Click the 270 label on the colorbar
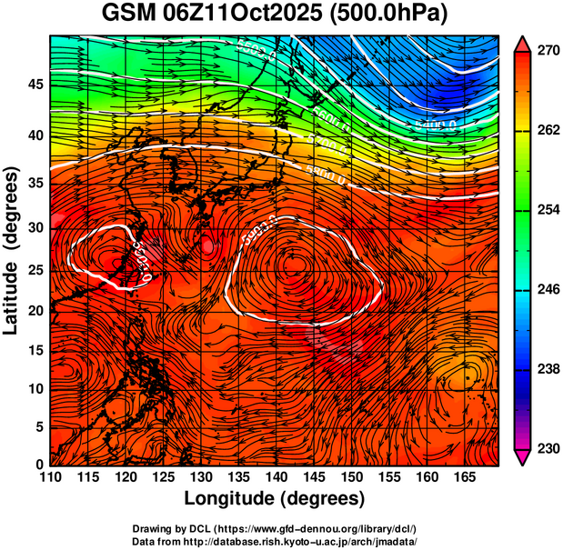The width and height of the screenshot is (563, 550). pos(548,52)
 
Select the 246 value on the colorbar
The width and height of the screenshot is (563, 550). pos(548,290)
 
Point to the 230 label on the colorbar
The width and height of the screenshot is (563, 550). pos(548,448)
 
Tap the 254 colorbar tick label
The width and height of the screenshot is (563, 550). pos(548,210)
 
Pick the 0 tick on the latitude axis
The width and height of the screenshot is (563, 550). pos(39,465)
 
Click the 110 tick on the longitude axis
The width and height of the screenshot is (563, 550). pos(50,477)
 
